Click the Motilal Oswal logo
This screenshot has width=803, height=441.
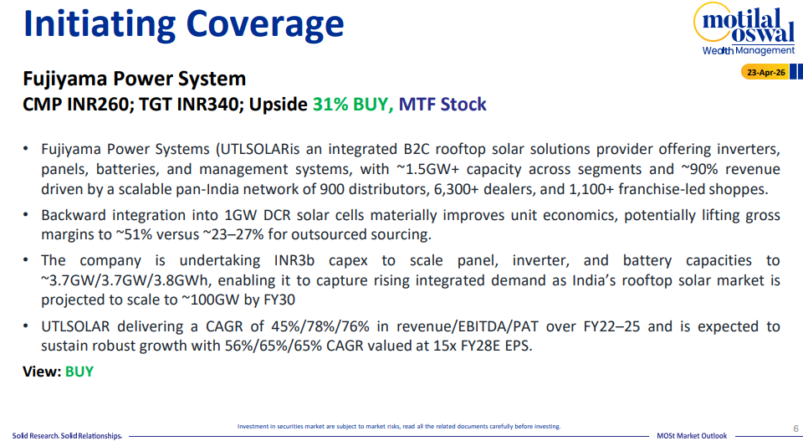pyautogui.click(x=744, y=28)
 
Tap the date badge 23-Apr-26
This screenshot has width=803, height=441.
pyautogui.click(x=765, y=72)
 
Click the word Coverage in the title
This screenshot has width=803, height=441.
pyautogui.click(x=265, y=24)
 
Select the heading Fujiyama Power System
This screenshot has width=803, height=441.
pyautogui.click(x=134, y=79)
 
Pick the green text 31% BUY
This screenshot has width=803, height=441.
pyautogui.click(x=352, y=104)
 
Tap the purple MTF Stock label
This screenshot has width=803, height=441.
pyautogui.click(x=442, y=104)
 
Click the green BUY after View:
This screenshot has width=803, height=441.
pyautogui.click(x=79, y=372)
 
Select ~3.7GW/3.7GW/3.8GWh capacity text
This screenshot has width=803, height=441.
pyautogui.click(x=129, y=280)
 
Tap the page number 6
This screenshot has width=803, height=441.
pyautogui.click(x=795, y=428)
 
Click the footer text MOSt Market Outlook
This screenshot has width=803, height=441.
pyautogui.click(x=692, y=436)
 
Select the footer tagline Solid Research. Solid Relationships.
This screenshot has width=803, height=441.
pyautogui.click(x=67, y=436)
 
